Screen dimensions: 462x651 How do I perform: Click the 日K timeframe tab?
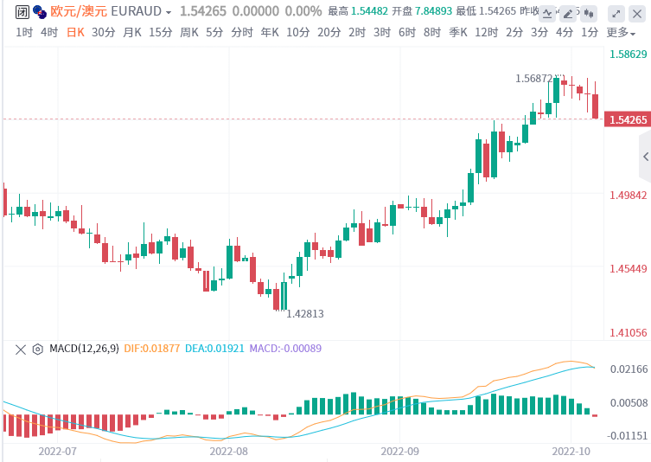click(x=76, y=32)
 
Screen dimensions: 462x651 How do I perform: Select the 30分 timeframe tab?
click(x=103, y=32)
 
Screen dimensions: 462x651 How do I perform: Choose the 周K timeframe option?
click(x=189, y=32)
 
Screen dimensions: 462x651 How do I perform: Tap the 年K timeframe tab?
click(x=269, y=32)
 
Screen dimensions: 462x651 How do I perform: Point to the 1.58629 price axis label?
click(x=629, y=54)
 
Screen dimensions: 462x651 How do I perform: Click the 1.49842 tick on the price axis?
click(x=629, y=195)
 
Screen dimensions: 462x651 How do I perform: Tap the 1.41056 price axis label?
click(x=629, y=332)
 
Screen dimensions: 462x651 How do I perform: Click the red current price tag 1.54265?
click(x=629, y=119)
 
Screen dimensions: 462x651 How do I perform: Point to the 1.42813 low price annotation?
click(x=304, y=313)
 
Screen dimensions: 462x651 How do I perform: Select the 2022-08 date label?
click(x=228, y=451)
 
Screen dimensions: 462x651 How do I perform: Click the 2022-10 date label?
click(x=570, y=451)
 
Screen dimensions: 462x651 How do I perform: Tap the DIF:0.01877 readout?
click(x=152, y=349)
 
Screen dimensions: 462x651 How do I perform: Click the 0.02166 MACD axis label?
click(x=629, y=369)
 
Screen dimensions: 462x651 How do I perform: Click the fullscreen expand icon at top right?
click(x=615, y=12)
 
